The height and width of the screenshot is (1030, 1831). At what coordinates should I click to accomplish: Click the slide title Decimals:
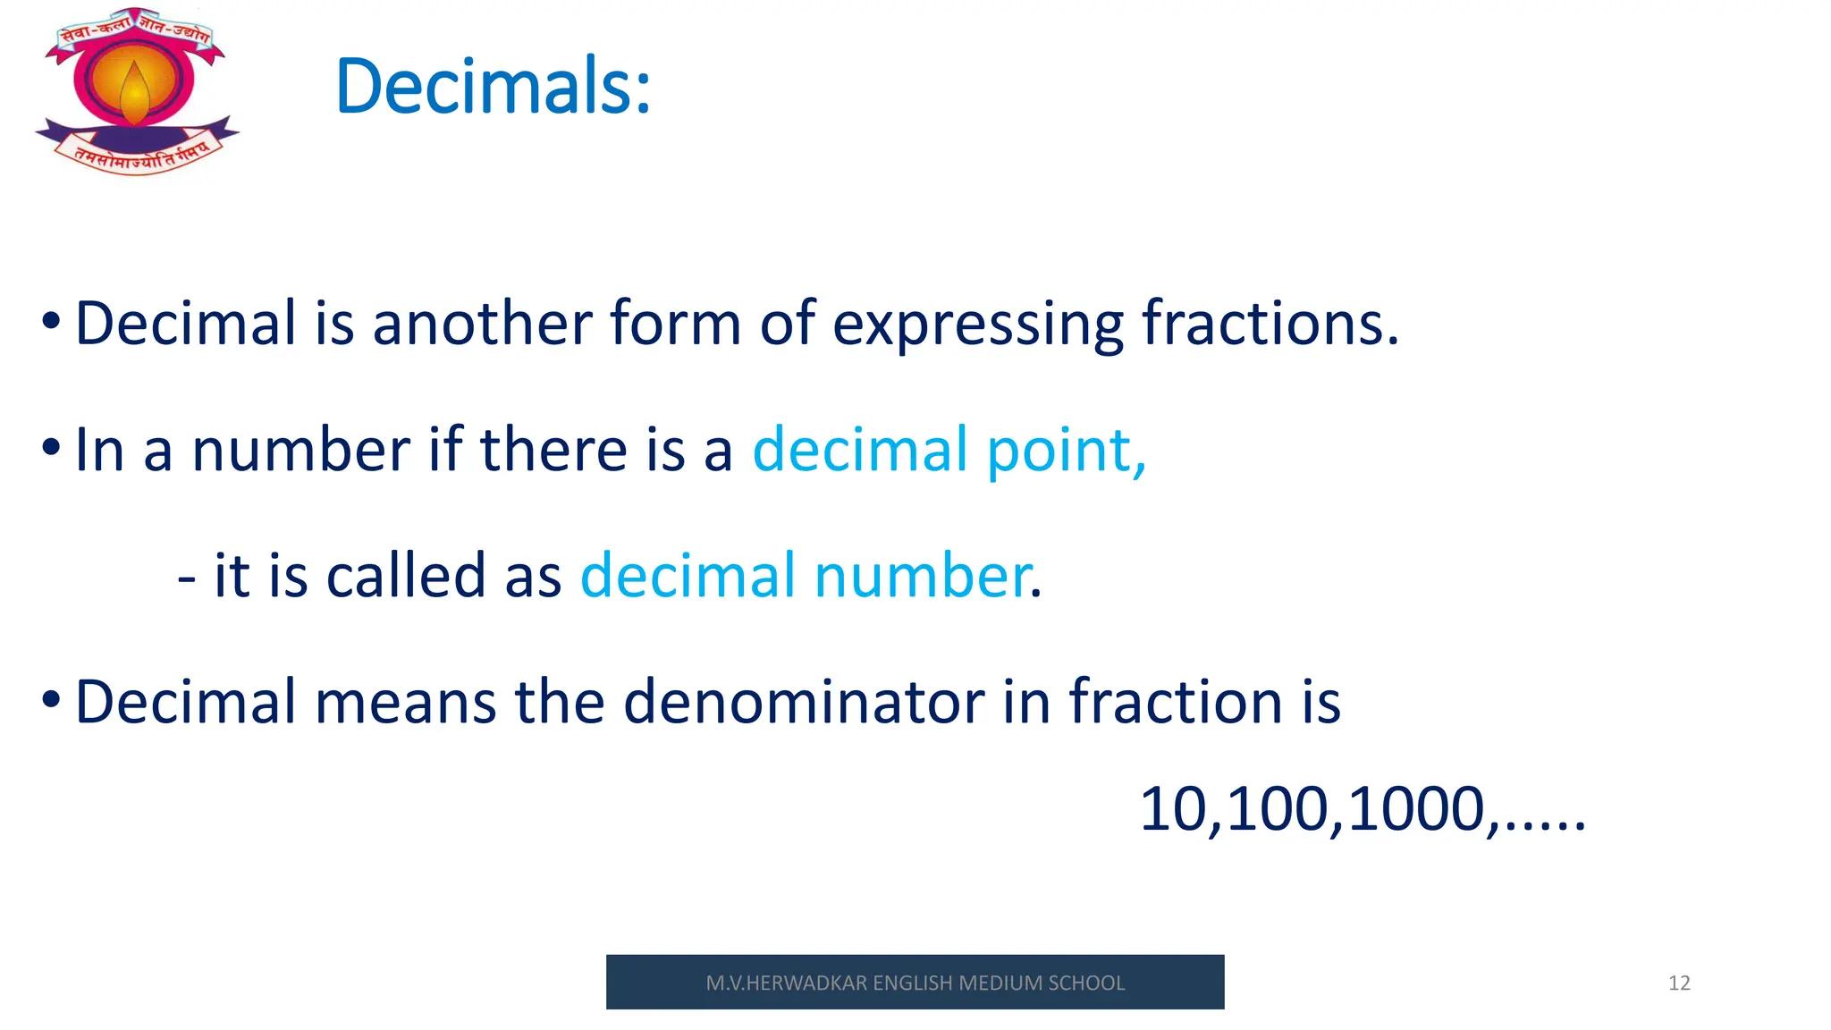(493, 87)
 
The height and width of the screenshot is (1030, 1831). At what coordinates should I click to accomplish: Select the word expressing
(977, 325)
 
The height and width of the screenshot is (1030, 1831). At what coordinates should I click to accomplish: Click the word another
(482, 323)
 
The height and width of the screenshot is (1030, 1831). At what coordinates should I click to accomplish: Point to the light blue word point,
(1066, 451)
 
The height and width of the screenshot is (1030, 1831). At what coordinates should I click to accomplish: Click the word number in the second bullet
(300, 450)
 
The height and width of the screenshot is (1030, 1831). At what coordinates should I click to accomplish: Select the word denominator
(803, 702)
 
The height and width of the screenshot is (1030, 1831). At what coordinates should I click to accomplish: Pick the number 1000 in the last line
(1416, 809)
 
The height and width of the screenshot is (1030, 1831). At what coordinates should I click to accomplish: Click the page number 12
(1679, 983)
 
